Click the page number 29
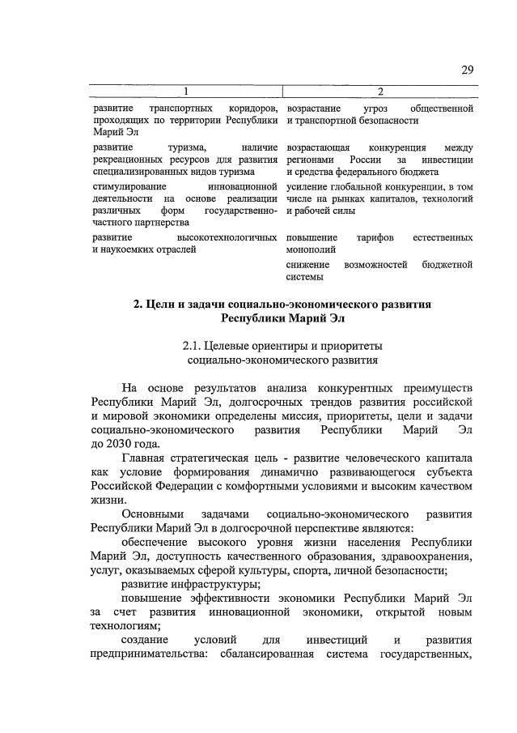[467, 70]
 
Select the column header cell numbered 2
[379, 91]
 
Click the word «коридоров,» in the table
[253, 108]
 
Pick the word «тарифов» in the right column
[375, 237]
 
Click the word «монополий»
[311, 250]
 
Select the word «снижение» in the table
[307, 265]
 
